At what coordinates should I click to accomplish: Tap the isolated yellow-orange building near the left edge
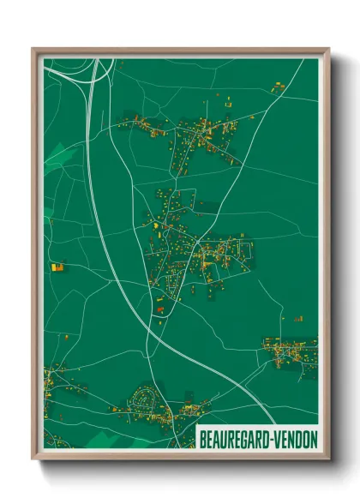click(x=57, y=267)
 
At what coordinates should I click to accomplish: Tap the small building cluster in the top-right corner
click(x=279, y=87)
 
